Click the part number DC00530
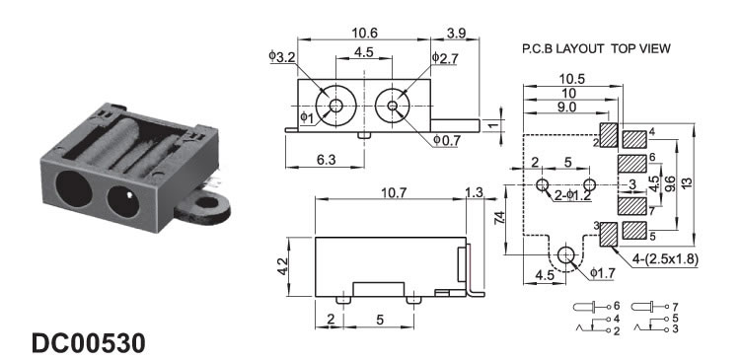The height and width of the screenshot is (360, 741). tap(89, 343)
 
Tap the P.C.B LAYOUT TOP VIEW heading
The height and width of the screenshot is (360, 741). tap(596, 48)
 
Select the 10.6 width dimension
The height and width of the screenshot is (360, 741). tap(364, 34)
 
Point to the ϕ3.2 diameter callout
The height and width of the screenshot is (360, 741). tap(282, 56)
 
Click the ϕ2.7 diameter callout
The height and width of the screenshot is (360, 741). tap(445, 57)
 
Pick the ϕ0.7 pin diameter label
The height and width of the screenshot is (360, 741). tap(447, 140)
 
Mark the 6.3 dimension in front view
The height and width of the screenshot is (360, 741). tap(326, 160)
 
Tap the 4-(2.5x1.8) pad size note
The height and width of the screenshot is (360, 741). tap(665, 259)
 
